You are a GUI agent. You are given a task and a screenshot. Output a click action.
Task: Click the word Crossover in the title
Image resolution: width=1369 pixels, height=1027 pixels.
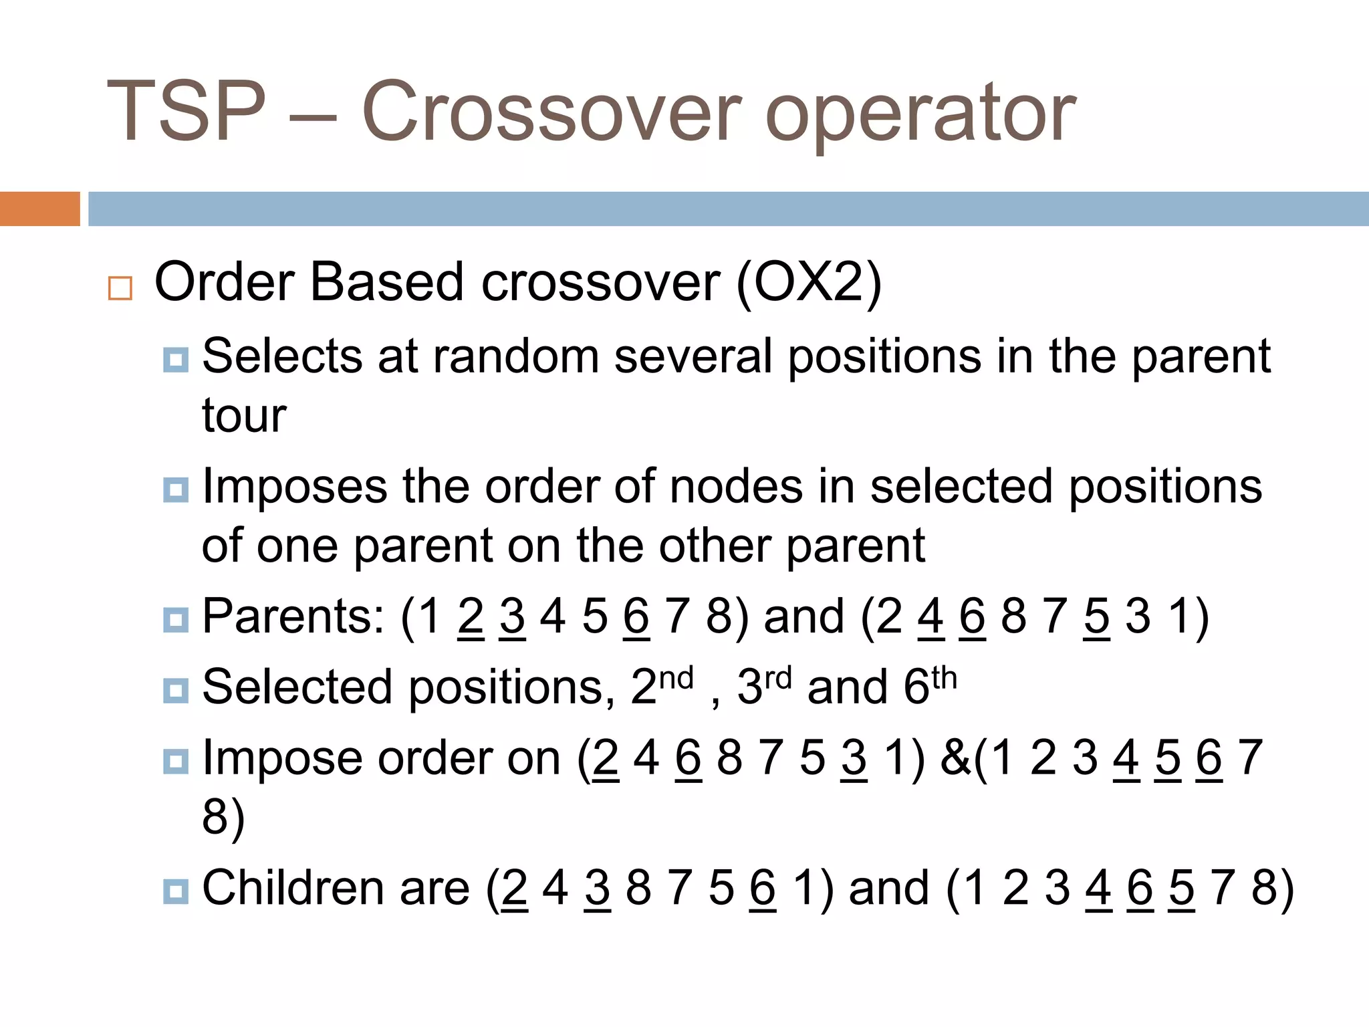tap(551, 112)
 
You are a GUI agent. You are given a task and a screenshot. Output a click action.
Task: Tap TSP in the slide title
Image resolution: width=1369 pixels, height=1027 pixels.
tap(186, 112)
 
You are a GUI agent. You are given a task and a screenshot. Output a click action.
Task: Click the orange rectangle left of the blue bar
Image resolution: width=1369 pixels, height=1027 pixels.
tap(39, 209)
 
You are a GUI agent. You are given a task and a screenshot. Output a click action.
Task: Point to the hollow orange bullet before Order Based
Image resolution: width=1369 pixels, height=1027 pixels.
tap(120, 288)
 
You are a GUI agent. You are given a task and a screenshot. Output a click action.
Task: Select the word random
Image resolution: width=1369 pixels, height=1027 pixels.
tap(515, 356)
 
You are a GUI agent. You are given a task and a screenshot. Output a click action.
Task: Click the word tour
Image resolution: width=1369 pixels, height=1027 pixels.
tap(244, 416)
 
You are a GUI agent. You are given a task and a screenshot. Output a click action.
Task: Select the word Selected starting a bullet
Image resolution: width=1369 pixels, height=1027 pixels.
tap(297, 687)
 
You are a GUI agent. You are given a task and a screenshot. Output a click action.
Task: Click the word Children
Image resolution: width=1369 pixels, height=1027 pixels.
tap(293, 889)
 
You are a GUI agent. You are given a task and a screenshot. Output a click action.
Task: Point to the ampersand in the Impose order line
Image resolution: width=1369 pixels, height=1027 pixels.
tap(955, 758)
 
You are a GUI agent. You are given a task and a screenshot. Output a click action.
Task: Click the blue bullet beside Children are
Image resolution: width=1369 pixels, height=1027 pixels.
tap(175, 891)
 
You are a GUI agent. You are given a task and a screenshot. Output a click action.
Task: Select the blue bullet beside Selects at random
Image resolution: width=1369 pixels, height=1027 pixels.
tap(175, 360)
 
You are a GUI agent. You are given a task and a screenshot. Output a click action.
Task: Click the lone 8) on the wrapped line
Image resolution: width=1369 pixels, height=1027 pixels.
tap(223, 817)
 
